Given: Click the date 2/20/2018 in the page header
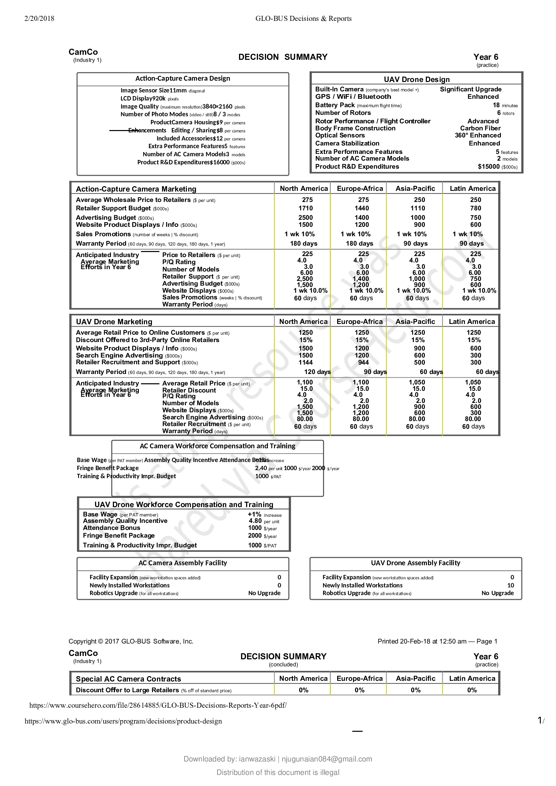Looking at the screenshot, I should (39, 18).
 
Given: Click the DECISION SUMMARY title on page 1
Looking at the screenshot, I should (283, 57).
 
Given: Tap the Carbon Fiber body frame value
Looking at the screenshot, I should (480, 128).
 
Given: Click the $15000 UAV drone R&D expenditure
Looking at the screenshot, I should (488, 166).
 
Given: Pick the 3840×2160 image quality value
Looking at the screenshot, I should (217, 107).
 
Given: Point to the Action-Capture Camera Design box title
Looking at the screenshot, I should (183, 78).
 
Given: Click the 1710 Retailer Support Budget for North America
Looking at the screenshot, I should (305, 208).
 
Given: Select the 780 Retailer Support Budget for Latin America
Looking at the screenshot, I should (475, 208).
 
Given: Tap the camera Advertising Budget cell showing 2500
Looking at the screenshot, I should (305, 217).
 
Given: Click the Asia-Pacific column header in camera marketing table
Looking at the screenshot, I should (415, 188).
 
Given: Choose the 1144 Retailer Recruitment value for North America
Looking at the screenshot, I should (305, 362).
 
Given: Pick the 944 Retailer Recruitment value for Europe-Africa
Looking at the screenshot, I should (363, 362).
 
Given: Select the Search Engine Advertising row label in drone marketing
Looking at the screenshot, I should (119, 355).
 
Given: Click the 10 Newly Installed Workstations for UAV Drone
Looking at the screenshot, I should (511, 585).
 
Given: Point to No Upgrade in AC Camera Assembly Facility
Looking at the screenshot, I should (264, 593).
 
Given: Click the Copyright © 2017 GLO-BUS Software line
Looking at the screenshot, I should (131, 641).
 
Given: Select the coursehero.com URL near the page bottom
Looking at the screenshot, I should (158, 705).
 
